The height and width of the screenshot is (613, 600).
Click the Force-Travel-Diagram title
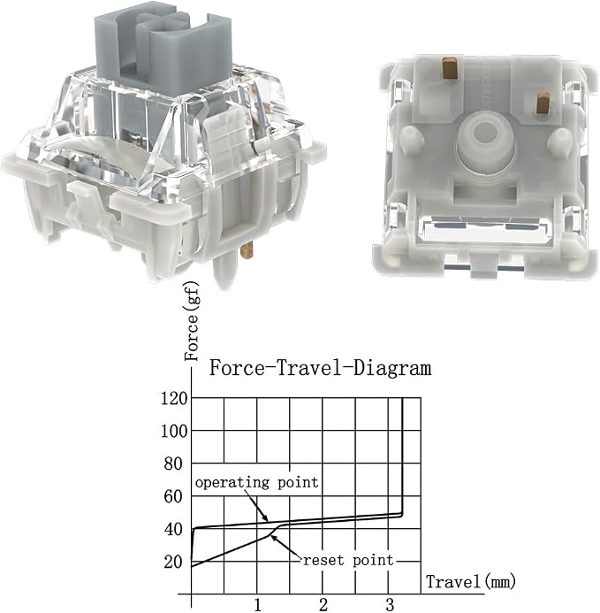click(x=320, y=368)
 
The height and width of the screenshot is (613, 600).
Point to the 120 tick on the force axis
click(x=174, y=398)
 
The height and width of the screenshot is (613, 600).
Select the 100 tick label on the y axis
click(x=174, y=431)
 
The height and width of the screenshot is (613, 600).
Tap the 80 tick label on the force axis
click(x=173, y=464)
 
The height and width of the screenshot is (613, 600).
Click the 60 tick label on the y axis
click(x=173, y=497)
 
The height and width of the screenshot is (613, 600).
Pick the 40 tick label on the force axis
click(x=173, y=530)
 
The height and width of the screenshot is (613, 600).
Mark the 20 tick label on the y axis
click(x=173, y=563)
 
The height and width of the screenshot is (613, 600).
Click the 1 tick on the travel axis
click(x=257, y=605)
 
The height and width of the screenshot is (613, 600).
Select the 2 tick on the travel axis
click(x=323, y=605)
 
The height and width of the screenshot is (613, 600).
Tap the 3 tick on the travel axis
click(x=390, y=605)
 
